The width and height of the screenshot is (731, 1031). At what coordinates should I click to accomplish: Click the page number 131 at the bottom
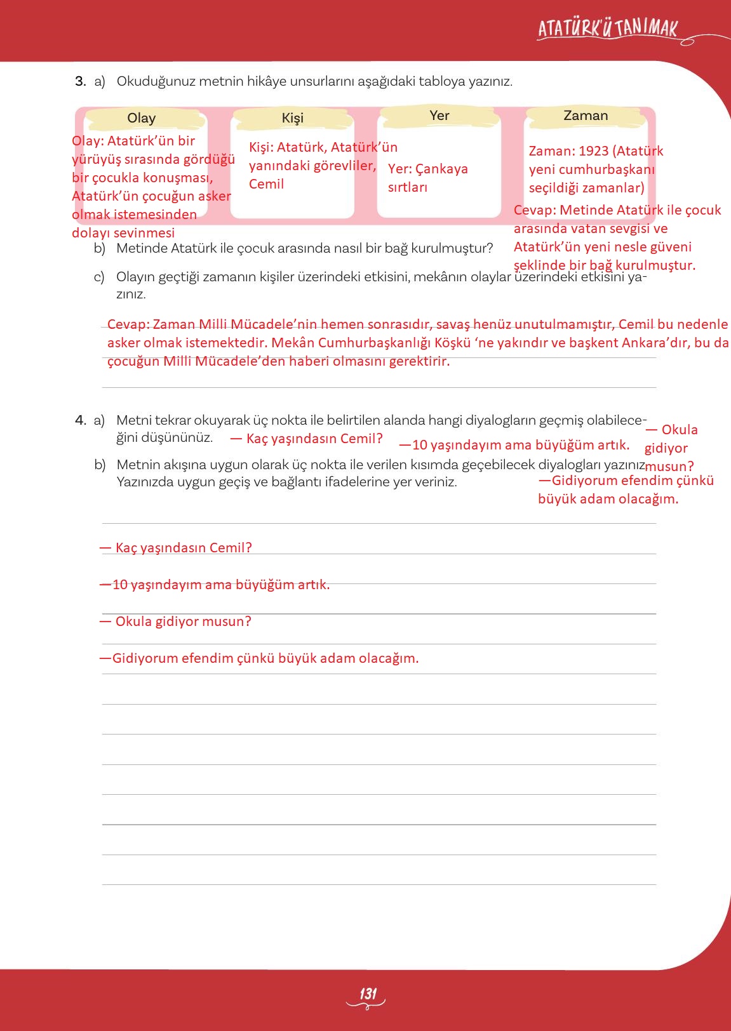[368, 994]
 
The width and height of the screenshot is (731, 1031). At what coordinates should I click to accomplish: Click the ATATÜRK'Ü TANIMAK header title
[608, 29]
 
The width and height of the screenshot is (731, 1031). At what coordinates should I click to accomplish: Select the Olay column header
[141, 118]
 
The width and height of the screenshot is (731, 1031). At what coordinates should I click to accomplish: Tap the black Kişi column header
[293, 118]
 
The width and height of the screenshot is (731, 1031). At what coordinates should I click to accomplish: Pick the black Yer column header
[439, 116]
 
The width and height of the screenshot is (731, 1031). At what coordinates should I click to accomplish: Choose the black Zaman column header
[586, 116]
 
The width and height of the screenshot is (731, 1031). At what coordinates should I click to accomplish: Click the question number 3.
[80, 81]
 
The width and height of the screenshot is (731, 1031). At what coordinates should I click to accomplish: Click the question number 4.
[80, 420]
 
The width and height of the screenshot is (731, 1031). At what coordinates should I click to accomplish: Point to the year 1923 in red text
[593, 151]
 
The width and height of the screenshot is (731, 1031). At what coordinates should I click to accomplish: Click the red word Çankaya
[441, 169]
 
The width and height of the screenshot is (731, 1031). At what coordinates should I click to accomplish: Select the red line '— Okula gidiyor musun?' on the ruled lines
[176, 622]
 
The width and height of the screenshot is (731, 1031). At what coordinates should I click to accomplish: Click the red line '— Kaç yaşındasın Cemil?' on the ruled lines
[176, 548]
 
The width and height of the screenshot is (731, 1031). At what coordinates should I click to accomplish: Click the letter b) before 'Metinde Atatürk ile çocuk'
[100, 248]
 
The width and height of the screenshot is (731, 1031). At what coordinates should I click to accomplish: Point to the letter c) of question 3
[99, 277]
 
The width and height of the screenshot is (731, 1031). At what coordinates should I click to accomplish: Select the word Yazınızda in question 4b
[145, 482]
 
